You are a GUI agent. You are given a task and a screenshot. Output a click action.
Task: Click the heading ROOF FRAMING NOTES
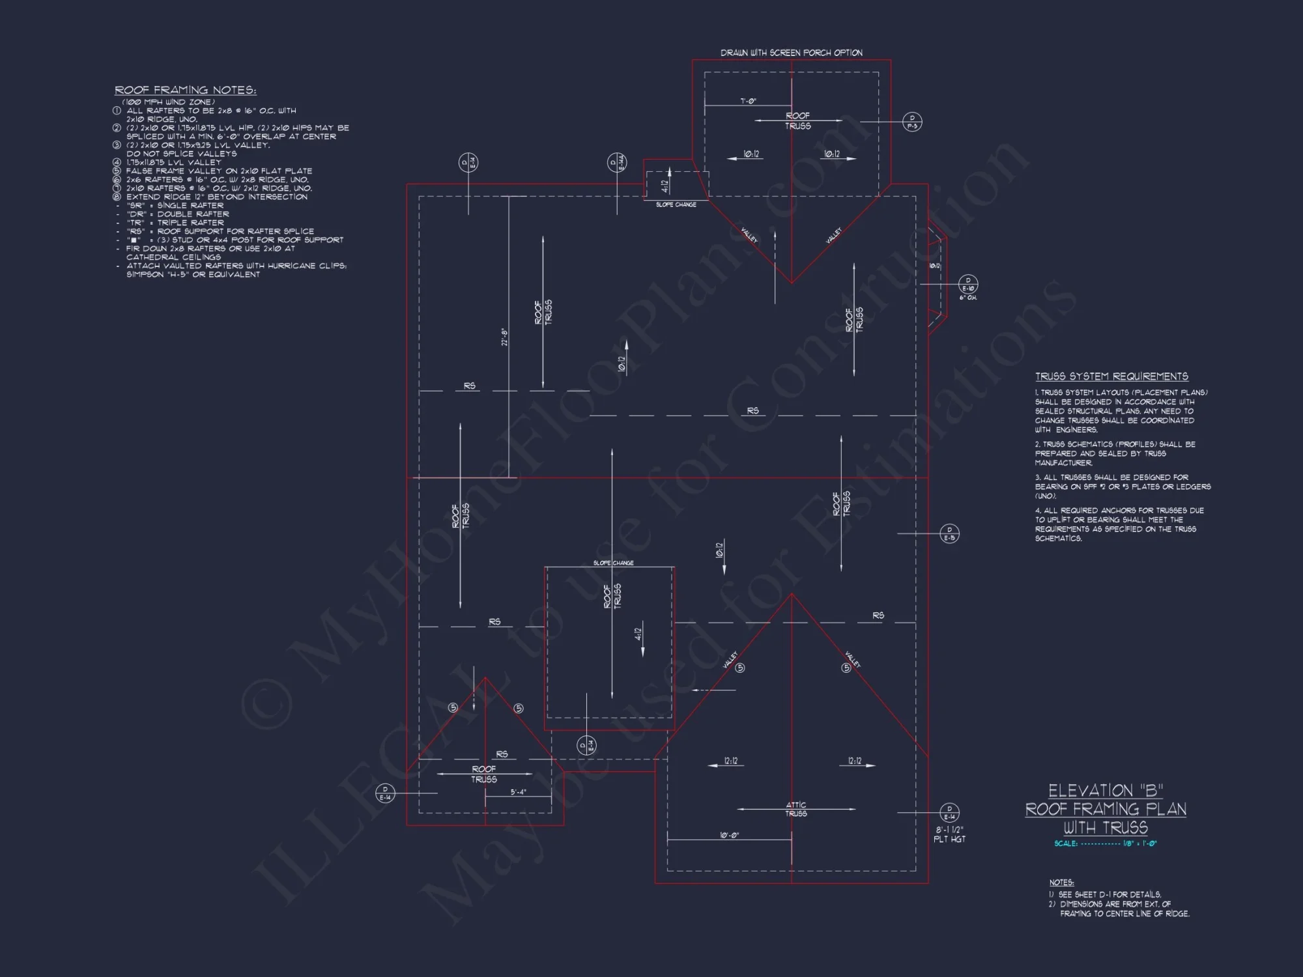[186, 90]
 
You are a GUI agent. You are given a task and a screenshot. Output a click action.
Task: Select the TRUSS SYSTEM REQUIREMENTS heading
[1111, 376]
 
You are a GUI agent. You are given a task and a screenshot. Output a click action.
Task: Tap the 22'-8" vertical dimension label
[504, 337]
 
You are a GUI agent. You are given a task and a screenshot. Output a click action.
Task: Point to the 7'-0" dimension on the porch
[748, 101]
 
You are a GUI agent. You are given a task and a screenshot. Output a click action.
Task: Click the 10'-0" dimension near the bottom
[729, 835]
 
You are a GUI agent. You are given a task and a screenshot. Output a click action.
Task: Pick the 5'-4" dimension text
[518, 792]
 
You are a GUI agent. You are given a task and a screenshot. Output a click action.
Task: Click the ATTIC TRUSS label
[795, 809]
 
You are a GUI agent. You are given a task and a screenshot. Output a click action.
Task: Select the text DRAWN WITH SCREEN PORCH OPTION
[791, 53]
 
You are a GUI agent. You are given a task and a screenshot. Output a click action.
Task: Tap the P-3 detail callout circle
[912, 122]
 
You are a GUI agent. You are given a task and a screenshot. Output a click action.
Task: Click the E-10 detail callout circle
[967, 285]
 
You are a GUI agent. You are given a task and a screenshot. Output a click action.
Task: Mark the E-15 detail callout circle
[949, 534]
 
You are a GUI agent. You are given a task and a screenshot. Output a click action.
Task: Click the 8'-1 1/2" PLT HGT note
[949, 834]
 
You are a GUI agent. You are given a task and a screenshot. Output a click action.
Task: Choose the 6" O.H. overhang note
[967, 298]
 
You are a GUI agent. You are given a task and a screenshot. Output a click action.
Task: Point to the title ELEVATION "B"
[1106, 791]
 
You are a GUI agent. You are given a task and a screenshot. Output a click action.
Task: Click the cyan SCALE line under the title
[1105, 843]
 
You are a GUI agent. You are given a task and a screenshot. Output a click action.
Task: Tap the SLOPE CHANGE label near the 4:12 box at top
[676, 205]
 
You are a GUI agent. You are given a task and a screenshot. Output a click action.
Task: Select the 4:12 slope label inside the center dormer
[638, 633]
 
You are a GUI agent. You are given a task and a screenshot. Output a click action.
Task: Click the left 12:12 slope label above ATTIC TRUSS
[731, 761]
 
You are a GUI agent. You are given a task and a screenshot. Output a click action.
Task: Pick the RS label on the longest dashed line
[752, 410]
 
